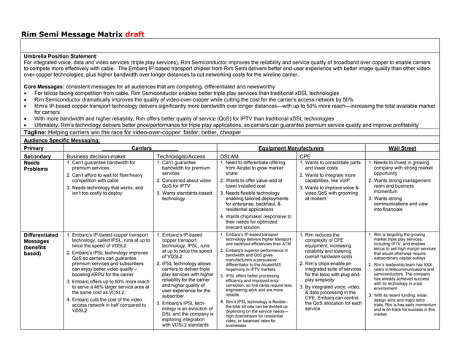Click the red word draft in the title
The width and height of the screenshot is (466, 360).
coord(140,34)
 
